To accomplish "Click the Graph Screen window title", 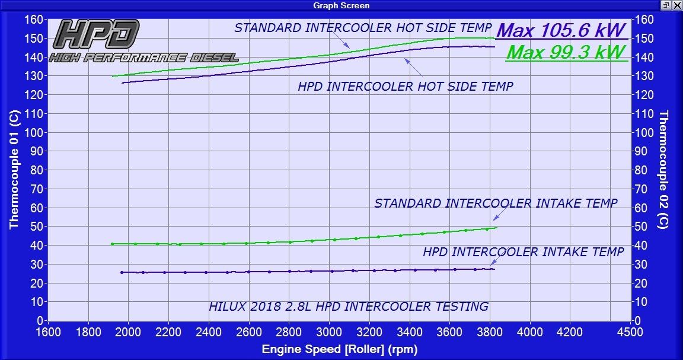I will tap(341, 5).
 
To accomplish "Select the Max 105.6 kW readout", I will tap(561, 30).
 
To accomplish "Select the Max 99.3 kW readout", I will tap(566, 52).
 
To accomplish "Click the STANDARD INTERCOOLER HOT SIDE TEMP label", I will tap(363, 28).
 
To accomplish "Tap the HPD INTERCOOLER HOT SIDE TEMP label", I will tap(406, 86).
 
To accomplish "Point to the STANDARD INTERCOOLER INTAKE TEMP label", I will tap(496, 203).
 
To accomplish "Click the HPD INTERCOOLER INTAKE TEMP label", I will tap(523, 252).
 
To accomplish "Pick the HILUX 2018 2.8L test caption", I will tap(349, 307).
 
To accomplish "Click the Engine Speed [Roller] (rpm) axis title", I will tap(340, 349).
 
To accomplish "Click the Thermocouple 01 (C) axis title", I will tap(14, 170).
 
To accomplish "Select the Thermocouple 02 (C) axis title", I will tap(664, 170).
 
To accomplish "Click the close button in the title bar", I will tap(676, 5).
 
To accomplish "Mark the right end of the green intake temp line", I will tap(497, 228).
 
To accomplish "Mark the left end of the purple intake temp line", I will tap(121, 272).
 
